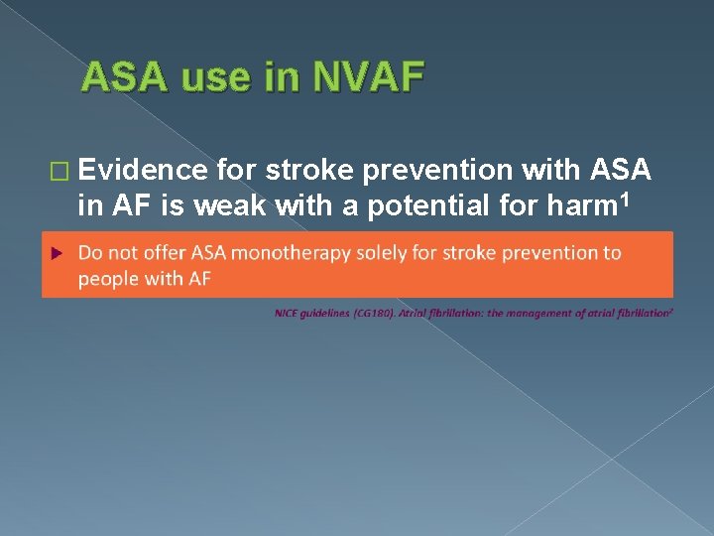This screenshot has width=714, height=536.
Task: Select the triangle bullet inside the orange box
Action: [x=57, y=253]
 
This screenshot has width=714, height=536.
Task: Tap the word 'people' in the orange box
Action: [x=107, y=279]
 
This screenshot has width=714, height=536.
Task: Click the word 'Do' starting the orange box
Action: [x=90, y=253]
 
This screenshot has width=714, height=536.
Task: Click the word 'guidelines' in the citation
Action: [x=322, y=314]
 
